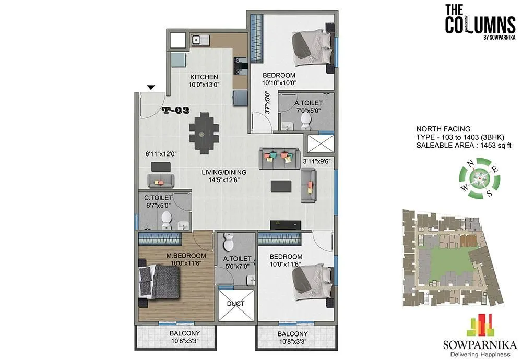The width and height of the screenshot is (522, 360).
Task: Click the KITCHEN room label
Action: (203, 77)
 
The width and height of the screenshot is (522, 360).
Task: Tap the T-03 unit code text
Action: (175, 111)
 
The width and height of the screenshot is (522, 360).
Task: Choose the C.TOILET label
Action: (158, 198)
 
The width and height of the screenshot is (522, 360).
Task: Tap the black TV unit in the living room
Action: (286, 225)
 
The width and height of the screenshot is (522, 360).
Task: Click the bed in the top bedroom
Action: (311, 48)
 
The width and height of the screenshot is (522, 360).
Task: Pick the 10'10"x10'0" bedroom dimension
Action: (279, 82)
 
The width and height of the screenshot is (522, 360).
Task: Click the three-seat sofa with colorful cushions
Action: (277, 158)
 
